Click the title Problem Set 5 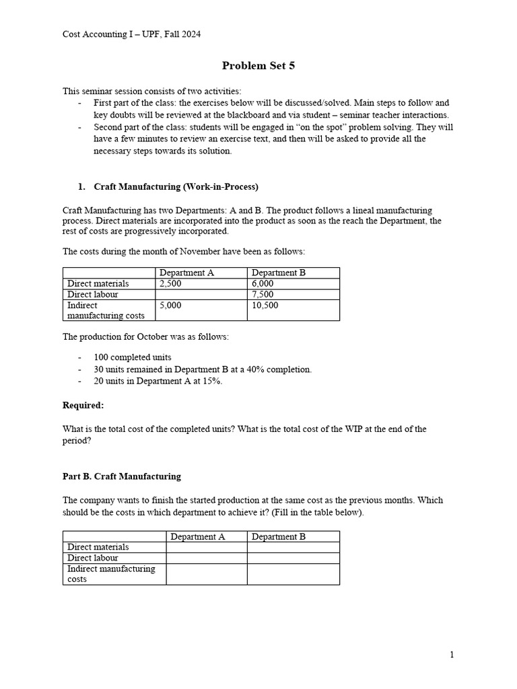pyautogui.click(x=258, y=66)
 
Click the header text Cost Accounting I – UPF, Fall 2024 pyautogui.click(x=131, y=34)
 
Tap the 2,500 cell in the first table pyautogui.click(x=170, y=284)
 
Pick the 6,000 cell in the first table pyautogui.click(x=263, y=284)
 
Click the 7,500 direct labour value pyautogui.click(x=263, y=295)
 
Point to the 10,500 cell pyautogui.click(x=265, y=305)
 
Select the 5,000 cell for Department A pyautogui.click(x=170, y=305)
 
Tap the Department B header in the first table pyautogui.click(x=279, y=273)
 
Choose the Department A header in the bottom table pyautogui.click(x=198, y=536)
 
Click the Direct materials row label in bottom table pyautogui.click(x=98, y=547)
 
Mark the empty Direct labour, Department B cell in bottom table pyautogui.click(x=293, y=558)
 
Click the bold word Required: pyautogui.click(x=83, y=405)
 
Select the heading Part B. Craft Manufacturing pyautogui.click(x=122, y=476)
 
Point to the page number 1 pyautogui.click(x=452, y=655)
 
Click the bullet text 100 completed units pyautogui.click(x=133, y=357)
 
